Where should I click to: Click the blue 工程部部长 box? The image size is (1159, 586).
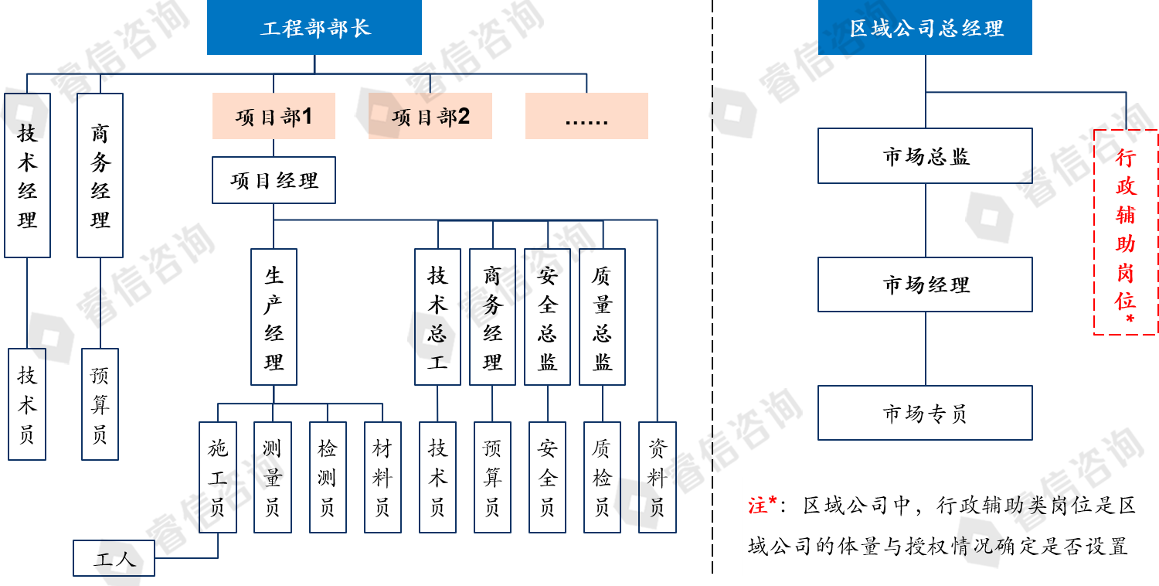point(314,28)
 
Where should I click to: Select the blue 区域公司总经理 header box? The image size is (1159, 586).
point(925,28)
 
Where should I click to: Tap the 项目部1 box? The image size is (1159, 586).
point(274,116)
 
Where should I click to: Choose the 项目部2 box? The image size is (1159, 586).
point(430,116)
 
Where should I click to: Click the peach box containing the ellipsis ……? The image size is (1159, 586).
point(586,116)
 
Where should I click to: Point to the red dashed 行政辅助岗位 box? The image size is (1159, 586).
point(1125,232)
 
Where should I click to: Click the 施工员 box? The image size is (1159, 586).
point(217,477)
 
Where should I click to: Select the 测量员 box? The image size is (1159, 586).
point(272,477)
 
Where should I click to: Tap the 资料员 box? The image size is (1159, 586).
point(657,477)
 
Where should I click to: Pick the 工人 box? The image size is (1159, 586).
point(114,558)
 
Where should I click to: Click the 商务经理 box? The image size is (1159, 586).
point(492,317)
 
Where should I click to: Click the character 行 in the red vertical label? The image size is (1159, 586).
point(1125,158)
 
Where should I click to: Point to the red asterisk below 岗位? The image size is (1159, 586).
point(1129,319)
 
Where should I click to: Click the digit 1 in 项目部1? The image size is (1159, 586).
point(307,116)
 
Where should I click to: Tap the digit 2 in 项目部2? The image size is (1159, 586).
point(464,116)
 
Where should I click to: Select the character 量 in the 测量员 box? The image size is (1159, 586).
point(272,479)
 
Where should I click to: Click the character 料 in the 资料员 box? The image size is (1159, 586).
point(657,479)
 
